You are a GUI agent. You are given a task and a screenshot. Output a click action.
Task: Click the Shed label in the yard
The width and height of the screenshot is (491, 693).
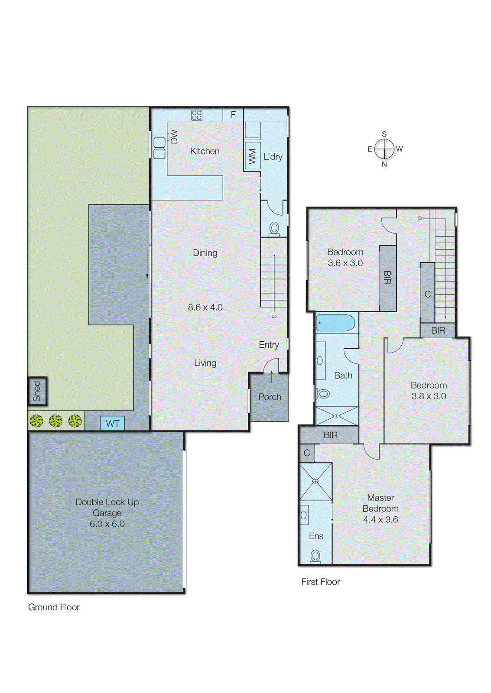[37, 392]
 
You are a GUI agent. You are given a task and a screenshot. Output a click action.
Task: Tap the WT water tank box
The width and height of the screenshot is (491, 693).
[113, 424]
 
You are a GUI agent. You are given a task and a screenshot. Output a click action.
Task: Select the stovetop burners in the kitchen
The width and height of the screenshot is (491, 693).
[197, 115]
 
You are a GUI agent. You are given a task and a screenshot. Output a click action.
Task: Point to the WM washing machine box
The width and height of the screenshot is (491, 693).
[252, 156]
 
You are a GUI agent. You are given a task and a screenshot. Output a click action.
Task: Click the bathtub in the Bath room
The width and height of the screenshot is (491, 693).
[335, 323]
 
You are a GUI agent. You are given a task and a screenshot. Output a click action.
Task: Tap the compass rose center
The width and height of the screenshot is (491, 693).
[384, 149]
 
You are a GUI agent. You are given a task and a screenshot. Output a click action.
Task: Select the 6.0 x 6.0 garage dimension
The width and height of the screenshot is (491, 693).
[107, 524]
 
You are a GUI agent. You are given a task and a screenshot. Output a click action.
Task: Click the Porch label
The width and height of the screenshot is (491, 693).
[270, 397]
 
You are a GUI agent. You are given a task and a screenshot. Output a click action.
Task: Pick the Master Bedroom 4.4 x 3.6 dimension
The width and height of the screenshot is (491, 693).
[380, 519]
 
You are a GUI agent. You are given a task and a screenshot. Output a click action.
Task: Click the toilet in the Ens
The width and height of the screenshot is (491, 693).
[315, 556]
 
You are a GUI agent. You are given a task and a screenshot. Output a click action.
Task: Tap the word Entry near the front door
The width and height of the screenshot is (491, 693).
[269, 345]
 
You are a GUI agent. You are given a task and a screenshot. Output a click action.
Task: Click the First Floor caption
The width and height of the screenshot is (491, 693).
[320, 582]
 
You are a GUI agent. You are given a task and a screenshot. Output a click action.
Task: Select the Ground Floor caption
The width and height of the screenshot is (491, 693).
[54, 607]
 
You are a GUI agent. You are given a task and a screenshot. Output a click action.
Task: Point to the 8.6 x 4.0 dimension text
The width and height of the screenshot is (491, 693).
[205, 307]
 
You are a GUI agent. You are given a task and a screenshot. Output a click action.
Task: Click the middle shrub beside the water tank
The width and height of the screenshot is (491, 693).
[55, 421]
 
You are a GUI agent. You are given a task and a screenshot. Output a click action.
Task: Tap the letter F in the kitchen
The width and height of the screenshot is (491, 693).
[233, 115]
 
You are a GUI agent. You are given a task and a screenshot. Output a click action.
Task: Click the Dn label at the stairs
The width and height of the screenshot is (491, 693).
[420, 218]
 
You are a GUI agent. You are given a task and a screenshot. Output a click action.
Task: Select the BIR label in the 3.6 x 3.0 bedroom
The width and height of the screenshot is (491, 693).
[387, 278]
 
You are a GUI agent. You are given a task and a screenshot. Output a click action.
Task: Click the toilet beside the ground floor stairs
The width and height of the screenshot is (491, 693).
[274, 228]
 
